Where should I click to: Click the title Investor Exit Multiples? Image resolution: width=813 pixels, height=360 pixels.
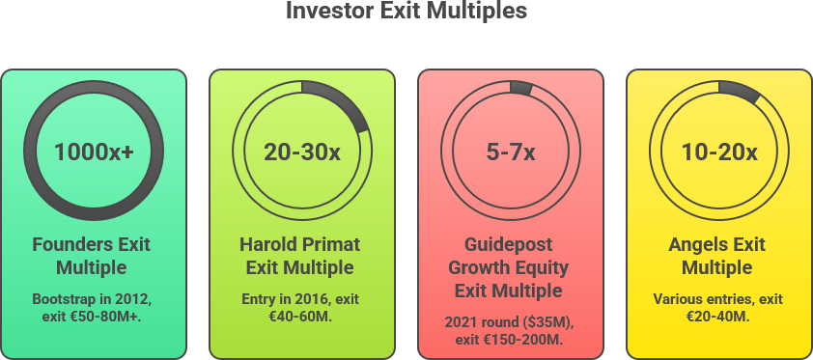[406, 11]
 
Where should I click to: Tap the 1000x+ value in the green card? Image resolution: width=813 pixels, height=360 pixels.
[94, 152]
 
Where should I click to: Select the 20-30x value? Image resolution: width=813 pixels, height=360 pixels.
[302, 152]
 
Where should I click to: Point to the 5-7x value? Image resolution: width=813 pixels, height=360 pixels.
[511, 152]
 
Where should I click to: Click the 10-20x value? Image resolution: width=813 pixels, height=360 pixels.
[719, 152]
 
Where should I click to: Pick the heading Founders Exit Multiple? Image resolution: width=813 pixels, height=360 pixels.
[92, 256]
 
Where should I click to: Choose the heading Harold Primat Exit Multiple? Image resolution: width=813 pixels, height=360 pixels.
[299, 256]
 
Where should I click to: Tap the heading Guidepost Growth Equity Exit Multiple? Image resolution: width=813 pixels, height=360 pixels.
[508, 267]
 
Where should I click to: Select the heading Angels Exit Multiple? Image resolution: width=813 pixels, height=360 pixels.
[717, 256]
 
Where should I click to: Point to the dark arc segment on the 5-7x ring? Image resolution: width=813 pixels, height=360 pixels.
[521, 88]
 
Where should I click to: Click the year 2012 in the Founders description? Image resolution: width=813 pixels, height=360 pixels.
[137, 299]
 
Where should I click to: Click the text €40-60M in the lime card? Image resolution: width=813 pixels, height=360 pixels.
[299, 317]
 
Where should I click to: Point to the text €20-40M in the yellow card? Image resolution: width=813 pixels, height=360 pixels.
[717, 317]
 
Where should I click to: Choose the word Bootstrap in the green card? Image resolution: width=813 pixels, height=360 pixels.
[57, 300]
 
